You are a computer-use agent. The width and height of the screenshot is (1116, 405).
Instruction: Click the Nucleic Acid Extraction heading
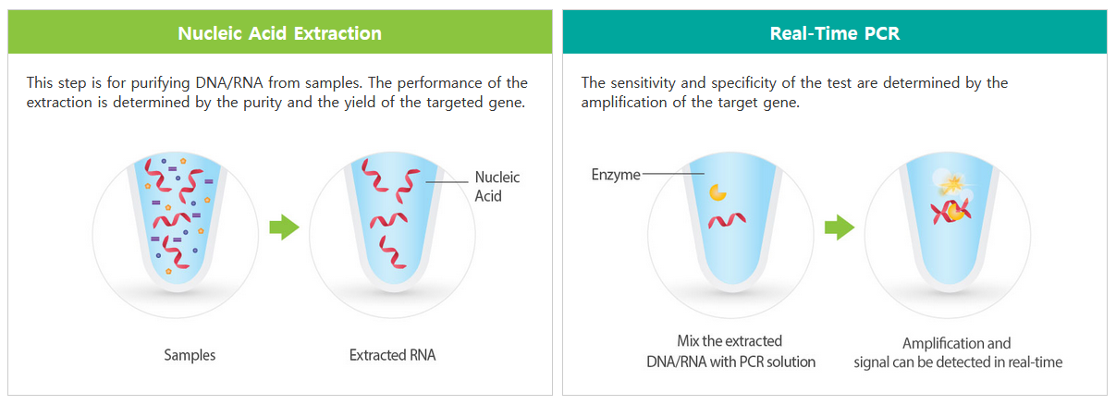click(279, 33)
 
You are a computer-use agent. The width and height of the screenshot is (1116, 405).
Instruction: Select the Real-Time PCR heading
click(835, 33)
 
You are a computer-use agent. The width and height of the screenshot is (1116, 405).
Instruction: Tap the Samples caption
click(190, 355)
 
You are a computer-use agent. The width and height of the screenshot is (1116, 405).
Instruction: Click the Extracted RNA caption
click(393, 355)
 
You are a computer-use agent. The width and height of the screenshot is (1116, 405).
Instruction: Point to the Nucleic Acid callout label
click(497, 186)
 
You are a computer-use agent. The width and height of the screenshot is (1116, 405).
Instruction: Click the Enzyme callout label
click(616, 175)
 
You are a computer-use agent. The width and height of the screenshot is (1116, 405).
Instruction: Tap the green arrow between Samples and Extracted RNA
click(285, 227)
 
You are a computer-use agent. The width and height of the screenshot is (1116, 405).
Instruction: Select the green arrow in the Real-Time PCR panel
click(840, 227)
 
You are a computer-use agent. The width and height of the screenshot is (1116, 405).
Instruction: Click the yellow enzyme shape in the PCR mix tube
click(717, 192)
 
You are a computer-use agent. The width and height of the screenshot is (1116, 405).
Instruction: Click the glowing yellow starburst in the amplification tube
click(951, 184)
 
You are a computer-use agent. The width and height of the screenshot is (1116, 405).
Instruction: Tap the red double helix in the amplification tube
click(950, 213)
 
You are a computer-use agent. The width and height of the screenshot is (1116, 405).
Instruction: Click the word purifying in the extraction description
click(160, 82)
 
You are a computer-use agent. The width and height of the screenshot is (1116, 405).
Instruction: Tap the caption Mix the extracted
click(730, 341)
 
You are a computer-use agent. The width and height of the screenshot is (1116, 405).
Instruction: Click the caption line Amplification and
click(957, 343)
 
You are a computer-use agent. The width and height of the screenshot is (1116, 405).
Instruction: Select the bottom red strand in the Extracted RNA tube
click(393, 252)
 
